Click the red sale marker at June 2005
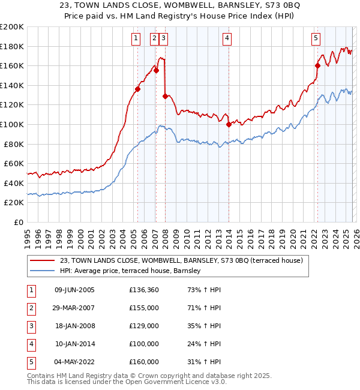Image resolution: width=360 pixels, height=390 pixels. coord(138,89)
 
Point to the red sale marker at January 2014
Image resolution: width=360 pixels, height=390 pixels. coord(229,125)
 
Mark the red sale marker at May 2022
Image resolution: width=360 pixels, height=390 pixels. coord(317,66)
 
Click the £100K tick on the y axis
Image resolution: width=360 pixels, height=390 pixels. coord(12,124)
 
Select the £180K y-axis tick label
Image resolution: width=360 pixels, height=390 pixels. coord(12,46)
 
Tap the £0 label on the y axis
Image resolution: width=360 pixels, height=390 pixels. coord(19,222)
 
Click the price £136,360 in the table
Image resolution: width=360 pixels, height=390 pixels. coord(143,290)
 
